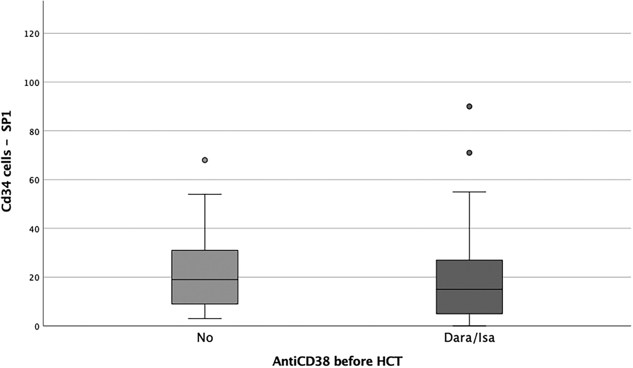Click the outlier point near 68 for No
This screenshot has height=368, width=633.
[205, 160]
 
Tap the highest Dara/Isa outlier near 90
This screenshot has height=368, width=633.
[469, 107]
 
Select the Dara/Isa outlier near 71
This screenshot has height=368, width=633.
[469, 153]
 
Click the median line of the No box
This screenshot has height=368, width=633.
[205, 280]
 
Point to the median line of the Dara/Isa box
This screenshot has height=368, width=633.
[469, 289]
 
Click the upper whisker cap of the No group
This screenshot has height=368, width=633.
[205, 194]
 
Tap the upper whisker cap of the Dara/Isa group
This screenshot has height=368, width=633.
[469, 192]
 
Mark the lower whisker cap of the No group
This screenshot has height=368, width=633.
[205, 318]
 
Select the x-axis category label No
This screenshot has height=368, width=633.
[205, 338]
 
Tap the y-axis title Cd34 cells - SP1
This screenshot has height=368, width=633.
[7, 161]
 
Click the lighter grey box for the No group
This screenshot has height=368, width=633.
[205, 277]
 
